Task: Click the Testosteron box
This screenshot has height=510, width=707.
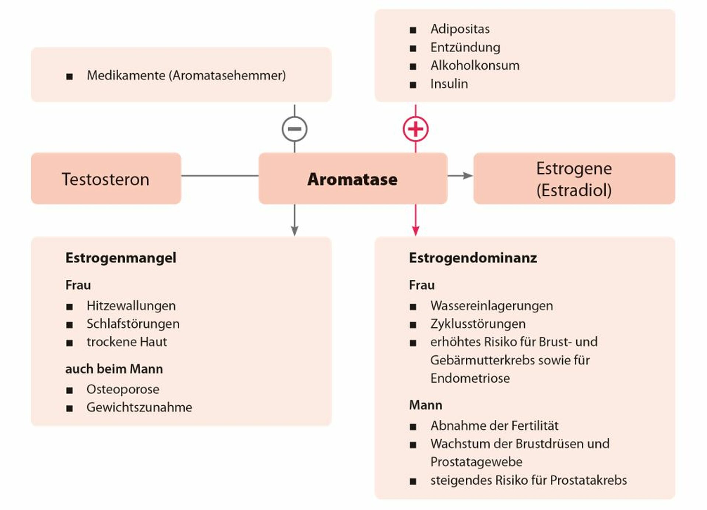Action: pyautogui.click(x=106, y=178)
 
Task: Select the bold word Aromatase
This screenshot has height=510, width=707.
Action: pyautogui.click(x=352, y=179)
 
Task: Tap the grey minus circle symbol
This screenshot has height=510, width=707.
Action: pyautogui.click(x=295, y=129)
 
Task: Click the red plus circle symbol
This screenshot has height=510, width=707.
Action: pyautogui.click(x=416, y=129)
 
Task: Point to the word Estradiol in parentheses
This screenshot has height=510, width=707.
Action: pyautogui.click(x=574, y=191)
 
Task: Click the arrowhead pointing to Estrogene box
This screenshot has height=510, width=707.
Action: pyautogui.click(x=468, y=176)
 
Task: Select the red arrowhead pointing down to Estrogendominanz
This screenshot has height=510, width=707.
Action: pyautogui.click(x=416, y=231)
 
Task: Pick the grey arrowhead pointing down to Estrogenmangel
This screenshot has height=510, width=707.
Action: pyautogui.click(x=295, y=231)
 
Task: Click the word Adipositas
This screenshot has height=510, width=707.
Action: pyautogui.click(x=460, y=29)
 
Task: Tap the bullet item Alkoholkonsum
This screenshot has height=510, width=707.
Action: pyautogui.click(x=475, y=66)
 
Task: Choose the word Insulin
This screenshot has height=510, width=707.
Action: pyautogui.click(x=449, y=84)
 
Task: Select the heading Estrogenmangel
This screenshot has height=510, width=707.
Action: pyautogui.click(x=121, y=258)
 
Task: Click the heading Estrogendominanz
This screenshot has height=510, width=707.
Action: pyautogui.click(x=473, y=258)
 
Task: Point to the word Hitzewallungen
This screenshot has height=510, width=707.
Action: pyautogui.click(x=131, y=306)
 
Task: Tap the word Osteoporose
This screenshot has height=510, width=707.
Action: pyautogui.click(x=123, y=389)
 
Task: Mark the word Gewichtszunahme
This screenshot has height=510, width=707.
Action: pyautogui.click(x=139, y=407)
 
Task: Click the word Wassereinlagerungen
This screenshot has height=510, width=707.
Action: pyautogui.click(x=492, y=306)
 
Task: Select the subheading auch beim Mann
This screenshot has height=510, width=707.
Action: pyautogui.click(x=114, y=369)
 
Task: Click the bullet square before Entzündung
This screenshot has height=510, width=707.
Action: pyautogui.click(x=413, y=48)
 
